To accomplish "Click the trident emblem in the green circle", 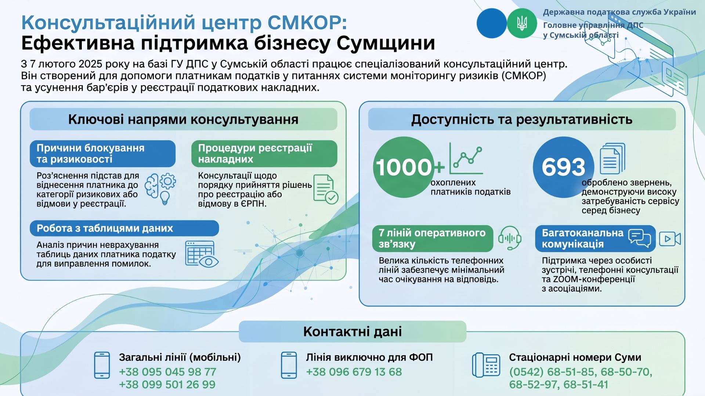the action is (x=522, y=23).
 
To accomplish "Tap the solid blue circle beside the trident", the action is (x=492, y=23).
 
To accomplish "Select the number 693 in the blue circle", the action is (x=563, y=167).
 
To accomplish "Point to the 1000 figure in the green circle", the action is (x=404, y=167).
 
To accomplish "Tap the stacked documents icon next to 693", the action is (x=612, y=158).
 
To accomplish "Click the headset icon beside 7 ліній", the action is (x=510, y=238).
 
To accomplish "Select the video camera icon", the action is (x=670, y=239).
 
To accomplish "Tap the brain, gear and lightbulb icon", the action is (x=160, y=189).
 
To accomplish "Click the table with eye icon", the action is (x=202, y=254).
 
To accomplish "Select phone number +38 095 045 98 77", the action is (x=167, y=372).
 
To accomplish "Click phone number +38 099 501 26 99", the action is (x=167, y=385).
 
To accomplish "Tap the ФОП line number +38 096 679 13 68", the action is (x=354, y=372).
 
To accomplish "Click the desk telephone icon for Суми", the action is (x=486, y=365).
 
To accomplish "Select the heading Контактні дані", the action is (x=352, y=331).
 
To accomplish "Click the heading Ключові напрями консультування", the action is (x=183, y=120).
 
